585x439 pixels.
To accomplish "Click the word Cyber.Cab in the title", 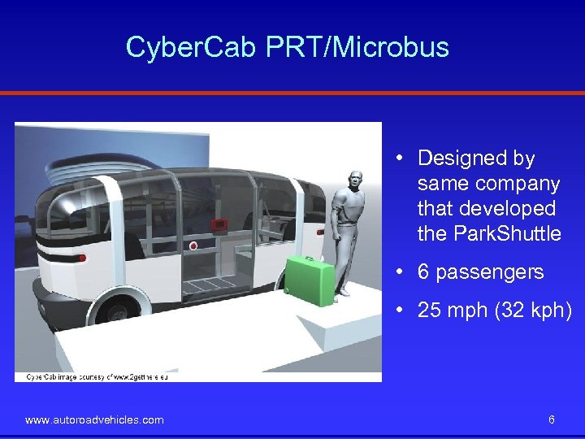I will (192, 47).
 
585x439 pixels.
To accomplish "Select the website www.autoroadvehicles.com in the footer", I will (94, 419).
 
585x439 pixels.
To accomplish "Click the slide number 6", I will (552, 419).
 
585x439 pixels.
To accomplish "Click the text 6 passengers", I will (480, 272).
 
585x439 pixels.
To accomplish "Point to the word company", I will (520, 184).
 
